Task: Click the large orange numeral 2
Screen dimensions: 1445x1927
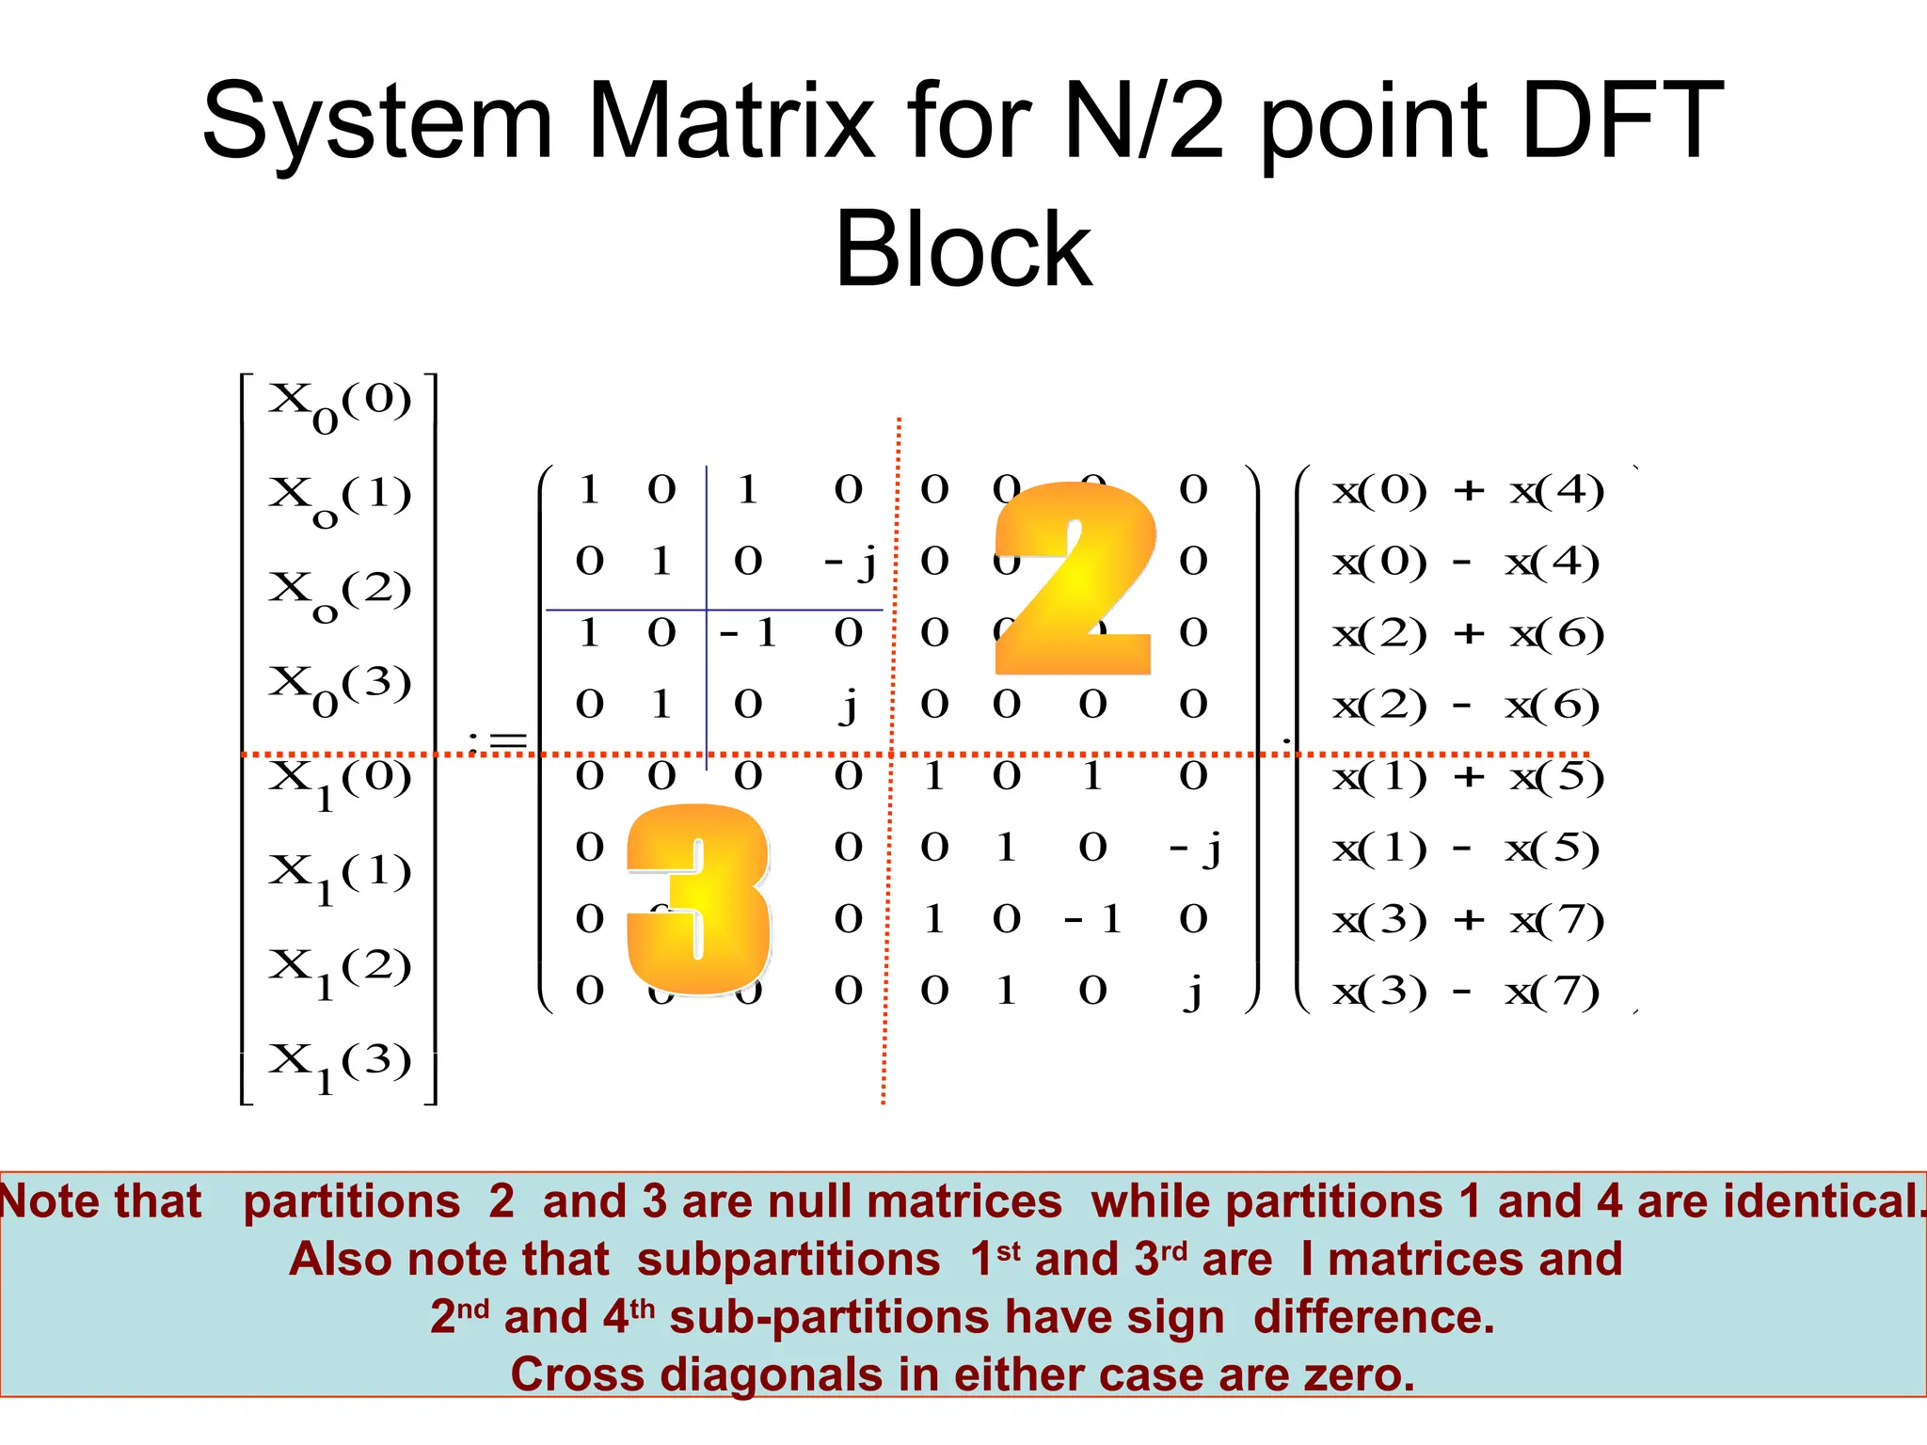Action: coord(1075,579)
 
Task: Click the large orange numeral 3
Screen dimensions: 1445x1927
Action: coord(699,898)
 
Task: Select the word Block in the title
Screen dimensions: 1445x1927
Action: coord(963,249)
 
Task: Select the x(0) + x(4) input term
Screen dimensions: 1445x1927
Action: coord(1468,490)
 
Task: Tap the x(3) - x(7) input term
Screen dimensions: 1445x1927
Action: coord(1466,992)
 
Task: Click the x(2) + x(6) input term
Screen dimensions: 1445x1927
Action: coord(1468,634)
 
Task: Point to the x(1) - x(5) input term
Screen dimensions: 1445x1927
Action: coord(1466,849)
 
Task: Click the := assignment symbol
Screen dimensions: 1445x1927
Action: coord(498,741)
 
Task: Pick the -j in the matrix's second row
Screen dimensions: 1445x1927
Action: coord(850,563)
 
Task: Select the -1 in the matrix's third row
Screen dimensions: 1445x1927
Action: coord(748,633)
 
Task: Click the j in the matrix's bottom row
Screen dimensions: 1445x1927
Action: coord(1194,992)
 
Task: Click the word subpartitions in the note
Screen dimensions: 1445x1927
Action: coord(788,1259)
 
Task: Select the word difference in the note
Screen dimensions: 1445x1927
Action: coord(1374,1317)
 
